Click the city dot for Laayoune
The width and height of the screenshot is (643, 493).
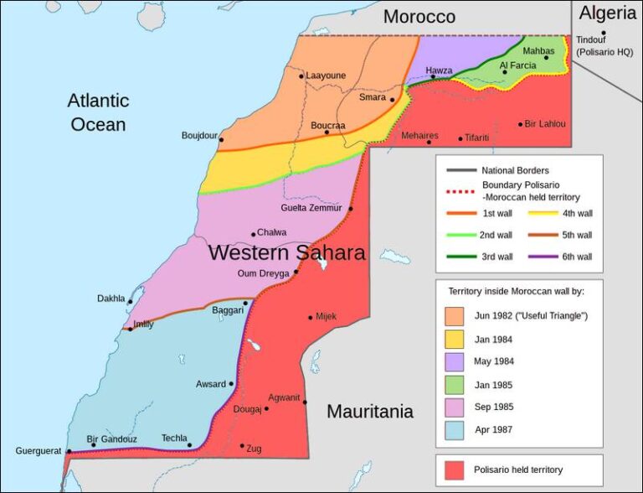pyautogui.click(x=301, y=75)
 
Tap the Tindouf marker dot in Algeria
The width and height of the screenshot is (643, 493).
pyautogui.click(x=603, y=34)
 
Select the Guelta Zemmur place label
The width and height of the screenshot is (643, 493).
pyautogui.click(x=311, y=209)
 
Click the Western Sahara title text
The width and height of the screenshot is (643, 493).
pyautogui.click(x=286, y=252)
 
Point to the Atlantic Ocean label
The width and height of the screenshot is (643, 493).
pyautogui.click(x=98, y=112)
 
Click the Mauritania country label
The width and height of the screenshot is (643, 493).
pyautogui.click(x=369, y=412)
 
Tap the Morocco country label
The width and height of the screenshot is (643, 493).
pyautogui.click(x=419, y=17)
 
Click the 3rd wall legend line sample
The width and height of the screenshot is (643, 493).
pyautogui.click(x=458, y=257)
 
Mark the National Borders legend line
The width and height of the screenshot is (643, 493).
pyautogui.click(x=458, y=170)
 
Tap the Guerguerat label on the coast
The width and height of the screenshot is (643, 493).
pyautogui.click(x=39, y=451)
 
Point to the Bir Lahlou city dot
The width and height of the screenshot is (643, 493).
pyautogui.click(x=521, y=124)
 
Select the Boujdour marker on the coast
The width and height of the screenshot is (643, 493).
pyautogui.click(x=221, y=139)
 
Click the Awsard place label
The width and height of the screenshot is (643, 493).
pyautogui.click(x=211, y=384)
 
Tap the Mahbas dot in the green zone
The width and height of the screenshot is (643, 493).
pyautogui.click(x=547, y=58)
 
